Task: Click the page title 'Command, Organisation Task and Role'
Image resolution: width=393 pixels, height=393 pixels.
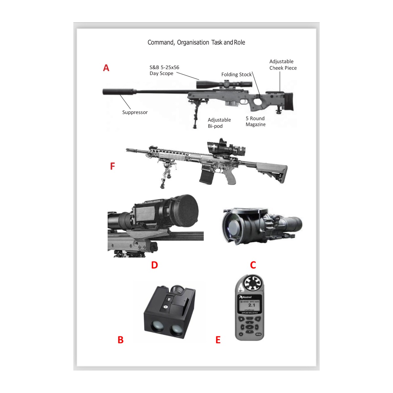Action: click(196, 43)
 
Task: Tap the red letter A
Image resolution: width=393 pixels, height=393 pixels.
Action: click(106, 68)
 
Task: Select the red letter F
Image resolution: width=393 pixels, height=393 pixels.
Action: click(112, 166)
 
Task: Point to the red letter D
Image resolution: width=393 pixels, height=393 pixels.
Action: click(155, 265)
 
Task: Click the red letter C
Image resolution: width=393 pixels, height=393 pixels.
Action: click(253, 265)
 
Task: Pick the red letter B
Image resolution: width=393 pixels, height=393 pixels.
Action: click(121, 340)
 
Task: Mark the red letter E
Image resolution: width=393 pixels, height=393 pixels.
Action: click(218, 340)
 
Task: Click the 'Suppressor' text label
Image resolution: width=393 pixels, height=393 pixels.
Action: click(135, 112)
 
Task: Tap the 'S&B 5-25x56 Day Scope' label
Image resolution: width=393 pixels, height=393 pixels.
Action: click(164, 70)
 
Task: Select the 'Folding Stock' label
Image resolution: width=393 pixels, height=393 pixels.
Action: click(236, 75)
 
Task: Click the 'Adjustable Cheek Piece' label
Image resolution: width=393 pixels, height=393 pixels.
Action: click(283, 65)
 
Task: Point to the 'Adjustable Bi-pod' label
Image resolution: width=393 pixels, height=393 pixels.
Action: click(219, 123)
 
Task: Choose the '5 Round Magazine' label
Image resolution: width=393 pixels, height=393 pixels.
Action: click(255, 122)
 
